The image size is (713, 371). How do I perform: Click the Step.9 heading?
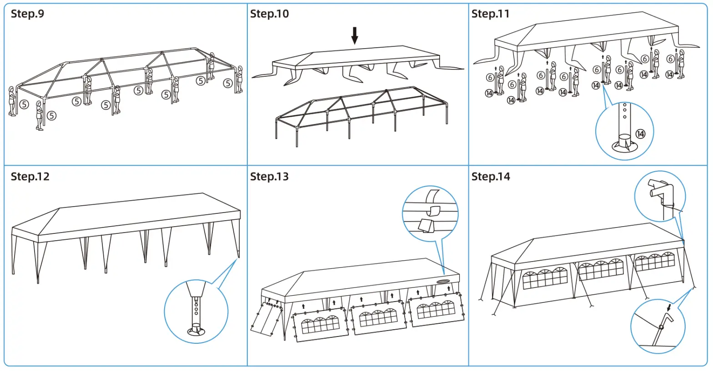(x=27, y=14)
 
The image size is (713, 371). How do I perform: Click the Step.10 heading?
(x=269, y=14)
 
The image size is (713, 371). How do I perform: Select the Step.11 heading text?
(x=490, y=14)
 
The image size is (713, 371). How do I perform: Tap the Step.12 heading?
(x=30, y=176)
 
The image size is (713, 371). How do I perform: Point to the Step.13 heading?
(x=269, y=176)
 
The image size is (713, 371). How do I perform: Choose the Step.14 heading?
(x=491, y=176)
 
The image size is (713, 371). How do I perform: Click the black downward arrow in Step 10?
(x=355, y=35)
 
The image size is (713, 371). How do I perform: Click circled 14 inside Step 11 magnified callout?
(x=640, y=134)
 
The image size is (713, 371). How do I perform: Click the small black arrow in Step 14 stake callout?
(x=669, y=308)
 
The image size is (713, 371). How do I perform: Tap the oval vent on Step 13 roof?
(x=444, y=282)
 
